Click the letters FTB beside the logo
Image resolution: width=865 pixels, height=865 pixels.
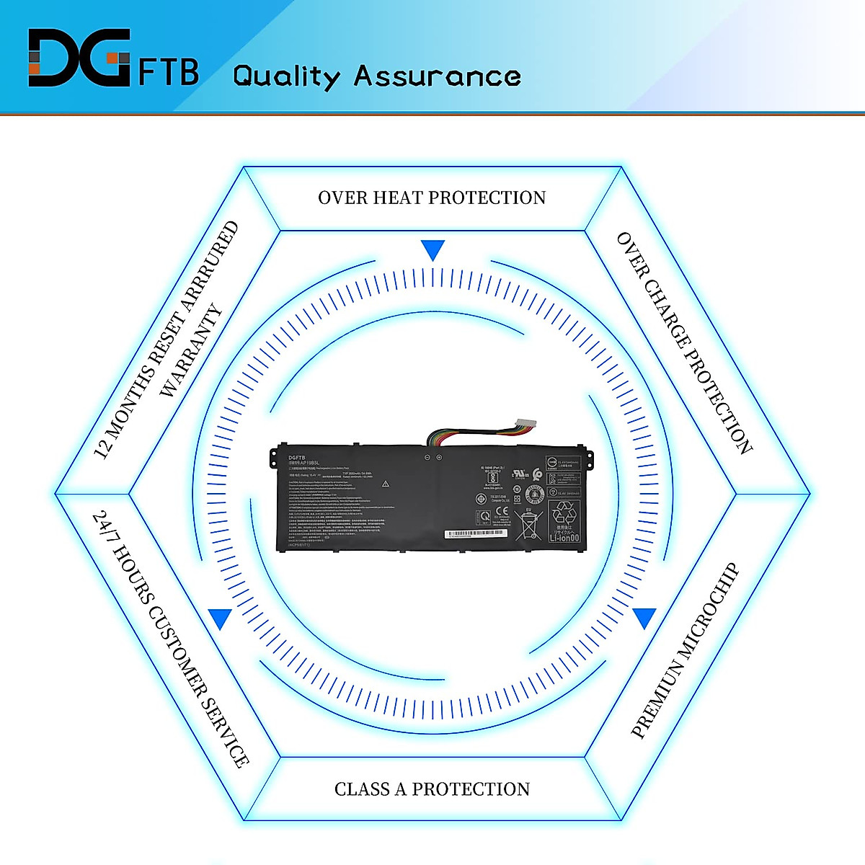tap(169, 72)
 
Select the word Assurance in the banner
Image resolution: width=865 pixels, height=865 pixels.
tap(437, 76)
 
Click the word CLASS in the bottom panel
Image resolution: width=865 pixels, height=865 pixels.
tap(362, 789)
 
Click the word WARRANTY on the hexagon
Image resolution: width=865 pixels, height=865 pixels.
tap(190, 351)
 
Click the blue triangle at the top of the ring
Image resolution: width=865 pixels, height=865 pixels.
tap(432, 250)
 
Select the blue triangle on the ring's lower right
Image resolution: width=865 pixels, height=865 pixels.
tap(644, 618)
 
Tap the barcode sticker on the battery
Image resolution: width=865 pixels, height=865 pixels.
tap(476, 534)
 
